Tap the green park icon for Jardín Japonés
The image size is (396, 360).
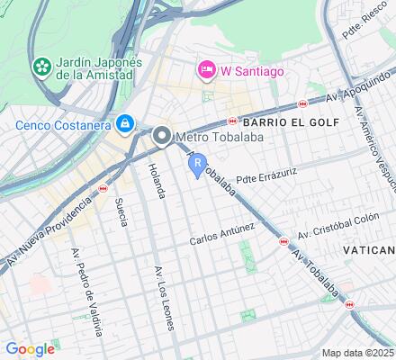(41, 66)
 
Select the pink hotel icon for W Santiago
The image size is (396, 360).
(205, 68)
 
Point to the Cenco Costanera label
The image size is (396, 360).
(61, 122)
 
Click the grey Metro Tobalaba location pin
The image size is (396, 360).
(162, 136)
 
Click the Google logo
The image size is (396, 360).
(30, 348)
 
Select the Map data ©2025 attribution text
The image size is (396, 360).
(357, 353)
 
